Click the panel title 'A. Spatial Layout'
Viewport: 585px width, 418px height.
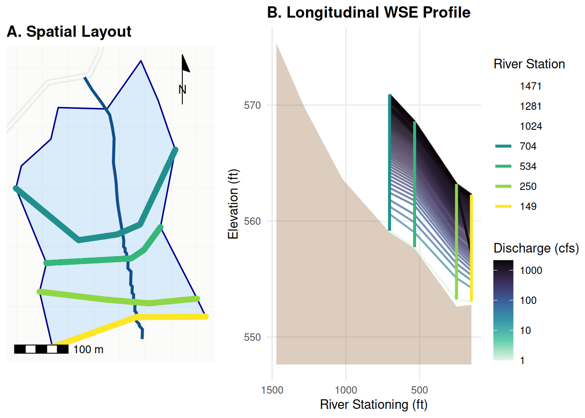(x=69, y=32)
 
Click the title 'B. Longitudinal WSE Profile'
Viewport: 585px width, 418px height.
(x=369, y=12)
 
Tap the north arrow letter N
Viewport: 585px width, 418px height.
(x=182, y=90)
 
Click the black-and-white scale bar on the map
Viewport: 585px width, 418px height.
(x=41, y=349)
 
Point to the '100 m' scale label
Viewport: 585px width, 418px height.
(x=88, y=350)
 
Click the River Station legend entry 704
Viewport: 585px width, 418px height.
(x=515, y=146)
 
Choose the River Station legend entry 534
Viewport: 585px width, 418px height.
(x=515, y=166)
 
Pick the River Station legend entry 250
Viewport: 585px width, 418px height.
(x=515, y=186)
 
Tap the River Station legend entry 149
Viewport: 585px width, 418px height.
(x=515, y=206)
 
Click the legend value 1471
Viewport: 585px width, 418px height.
(x=531, y=86)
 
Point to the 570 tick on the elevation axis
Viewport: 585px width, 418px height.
(x=252, y=105)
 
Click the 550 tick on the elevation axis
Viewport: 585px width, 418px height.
(x=252, y=337)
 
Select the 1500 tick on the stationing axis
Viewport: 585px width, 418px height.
(x=272, y=390)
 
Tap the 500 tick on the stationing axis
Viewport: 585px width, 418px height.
(x=420, y=390)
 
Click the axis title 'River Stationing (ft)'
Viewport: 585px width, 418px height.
(x=374, y=405)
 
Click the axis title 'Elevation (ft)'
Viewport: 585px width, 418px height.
(x=233, y=204)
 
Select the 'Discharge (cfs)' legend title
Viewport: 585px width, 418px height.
(x=536, y=248)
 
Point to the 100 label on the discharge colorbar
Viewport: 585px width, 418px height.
(x=528, y=300)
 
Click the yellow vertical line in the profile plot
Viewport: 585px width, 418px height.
(x=471, y=248)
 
